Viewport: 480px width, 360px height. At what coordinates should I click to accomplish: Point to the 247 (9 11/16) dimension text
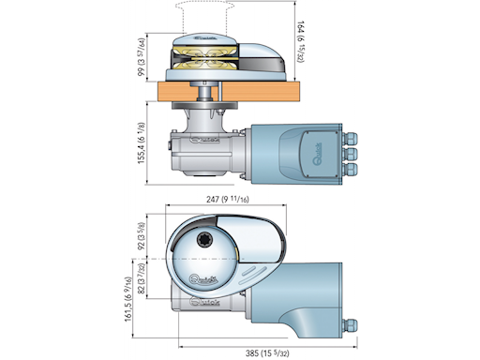(x=229, y=200)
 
